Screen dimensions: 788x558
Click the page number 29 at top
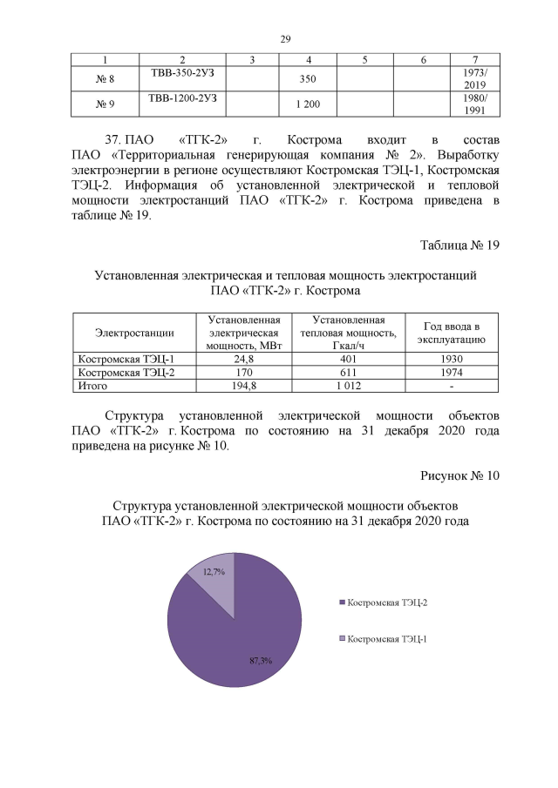point(284,39)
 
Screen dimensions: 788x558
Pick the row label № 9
point(105,104)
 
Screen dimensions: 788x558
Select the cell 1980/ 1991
point(474,104)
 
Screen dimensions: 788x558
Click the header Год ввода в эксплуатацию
point(451,333)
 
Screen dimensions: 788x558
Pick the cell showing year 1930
point(451,359)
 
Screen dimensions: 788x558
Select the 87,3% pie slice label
point(261,661)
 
